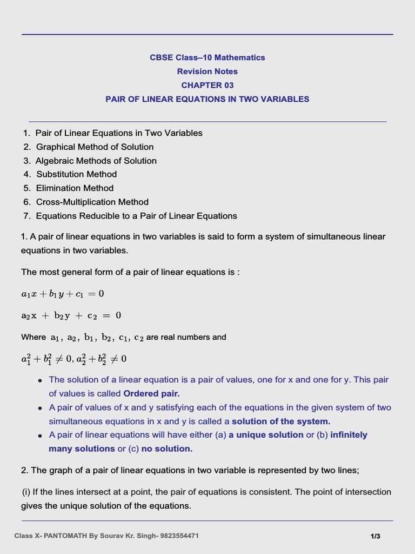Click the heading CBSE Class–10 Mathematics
pyautogui.click(x=207, y=57)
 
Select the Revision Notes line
pyautogui.click(x=207, y=71)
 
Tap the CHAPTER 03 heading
pyautogui.click(x=207, y=85)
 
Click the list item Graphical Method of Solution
pyautogui.click(x=95, y=147)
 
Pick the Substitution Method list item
pyautogui.click(x=76, y=174)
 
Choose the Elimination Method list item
pyautogui.click(x=75, y=188)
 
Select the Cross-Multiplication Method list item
pyautogui.click(x=92, y=202)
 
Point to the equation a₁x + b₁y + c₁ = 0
pyautogui.click(x=62, y=294)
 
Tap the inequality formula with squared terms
pyautogui.click(x=73, y=359)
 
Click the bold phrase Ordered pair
pyautogui.click(x=151, y=393)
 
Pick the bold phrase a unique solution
pyautogui.click(x=266, y=435)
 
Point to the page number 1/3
pyautogui.click(x=376, y=536)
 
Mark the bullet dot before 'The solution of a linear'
pyautogui.click(x=40, y=380)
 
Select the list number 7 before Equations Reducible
pyautogui.click(x=26, y=216)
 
